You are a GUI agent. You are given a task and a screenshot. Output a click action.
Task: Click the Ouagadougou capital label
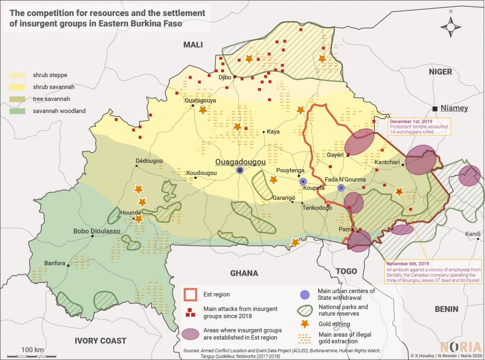coord(241,162)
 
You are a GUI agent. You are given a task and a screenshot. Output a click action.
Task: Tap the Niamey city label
coord(454,108)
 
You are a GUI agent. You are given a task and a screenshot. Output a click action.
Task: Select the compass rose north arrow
coord(451,27)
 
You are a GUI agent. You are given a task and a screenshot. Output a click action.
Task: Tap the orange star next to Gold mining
coord(304,323)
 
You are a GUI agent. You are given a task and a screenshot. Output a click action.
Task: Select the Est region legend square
coord(191,294)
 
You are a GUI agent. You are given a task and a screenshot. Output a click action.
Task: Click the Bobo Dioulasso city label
coord(97,232)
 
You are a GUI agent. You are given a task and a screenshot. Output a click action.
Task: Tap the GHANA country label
coord(244,273)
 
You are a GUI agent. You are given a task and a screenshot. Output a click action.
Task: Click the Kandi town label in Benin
coord(473,235)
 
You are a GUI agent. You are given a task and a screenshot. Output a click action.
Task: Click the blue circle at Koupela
coord(304,181)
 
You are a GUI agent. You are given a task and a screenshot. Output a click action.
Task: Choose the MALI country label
coord(193,45)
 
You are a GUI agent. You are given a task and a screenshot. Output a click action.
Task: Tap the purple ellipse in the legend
coord(191,333)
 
